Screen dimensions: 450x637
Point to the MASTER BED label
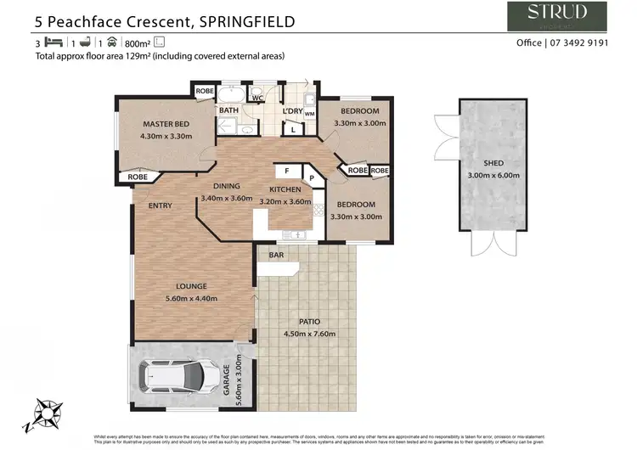click(x=165, y=124)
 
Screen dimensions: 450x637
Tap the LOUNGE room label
click(x=192, y=286)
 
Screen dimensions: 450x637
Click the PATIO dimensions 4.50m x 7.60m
click(x=309, y=333)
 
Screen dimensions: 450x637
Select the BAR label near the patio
click(x=276, y=255)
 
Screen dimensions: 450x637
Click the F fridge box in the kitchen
click(x=287, y=171)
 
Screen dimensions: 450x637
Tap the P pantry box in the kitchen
click(x=311, y=179)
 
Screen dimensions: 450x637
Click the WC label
click(x=256, y=98)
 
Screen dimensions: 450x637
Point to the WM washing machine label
click(x=309, y=113)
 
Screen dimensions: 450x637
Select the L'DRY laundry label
click(x=292, y=110)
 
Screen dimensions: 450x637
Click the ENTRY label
click(x=160, y=205)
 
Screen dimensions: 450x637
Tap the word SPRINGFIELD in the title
click(x=247, y=21)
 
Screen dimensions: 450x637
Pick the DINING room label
click(x=227, y=186)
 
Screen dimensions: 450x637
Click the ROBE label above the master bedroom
click(x=205, y=90)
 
